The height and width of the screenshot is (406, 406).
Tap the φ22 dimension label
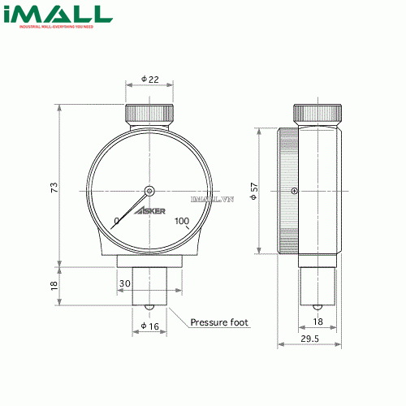pyautogui.click(x=149, y=79)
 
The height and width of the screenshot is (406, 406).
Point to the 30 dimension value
pyautogui.click(x=124, y=283)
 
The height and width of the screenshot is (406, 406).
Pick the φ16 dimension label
pyautogui.click(x=149, y=326)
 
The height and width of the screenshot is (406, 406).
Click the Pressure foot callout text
pyautogui.click(x=219, y=322)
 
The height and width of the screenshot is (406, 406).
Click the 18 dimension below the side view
pyautogui.click(x=318, y=322)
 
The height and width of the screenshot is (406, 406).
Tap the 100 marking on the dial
pyautogui.click(x=182, y=221)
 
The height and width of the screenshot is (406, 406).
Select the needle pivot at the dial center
pyautogui.click(x=149, y=192)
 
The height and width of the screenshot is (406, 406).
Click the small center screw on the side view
pyautogui.click(x=294, y=192)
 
